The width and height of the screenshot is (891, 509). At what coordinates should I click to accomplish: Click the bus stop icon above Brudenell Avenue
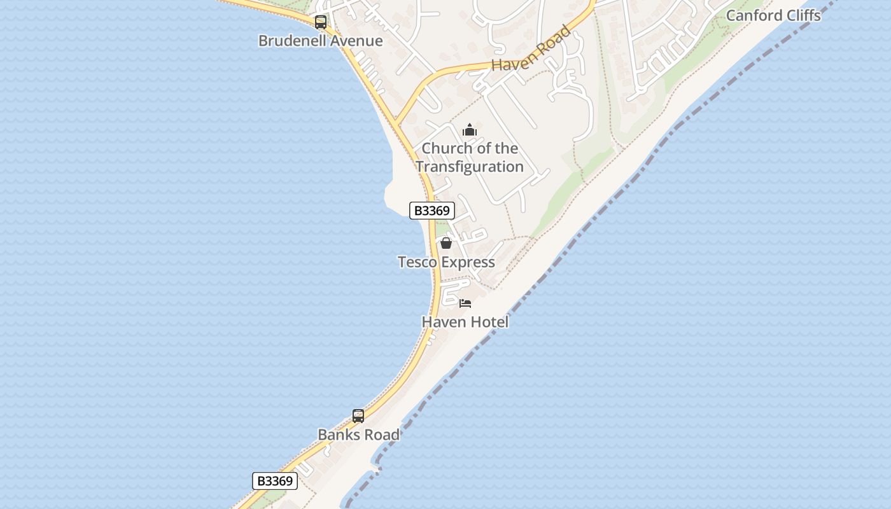pyautogui.click(x=321, y=23)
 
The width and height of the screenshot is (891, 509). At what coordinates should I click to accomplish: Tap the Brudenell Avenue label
pyautogui.click(x=320, y=41)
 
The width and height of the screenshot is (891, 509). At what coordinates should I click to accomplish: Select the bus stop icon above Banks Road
pyautogui.click(x=358, y=416)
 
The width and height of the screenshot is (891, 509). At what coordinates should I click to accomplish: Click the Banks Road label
pyautogui.click(x=358, y=435)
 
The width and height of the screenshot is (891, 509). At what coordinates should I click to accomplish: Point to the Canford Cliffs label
pyautogui.click(x=773, y=15)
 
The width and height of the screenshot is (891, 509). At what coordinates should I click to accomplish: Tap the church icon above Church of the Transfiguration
pyautogui.click(x=470, y=130)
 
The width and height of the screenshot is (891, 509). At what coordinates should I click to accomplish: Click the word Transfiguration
pyautogui.click(x=470, y=167)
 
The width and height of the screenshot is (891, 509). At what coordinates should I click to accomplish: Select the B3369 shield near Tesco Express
pyautogui.click(x=431, y=211)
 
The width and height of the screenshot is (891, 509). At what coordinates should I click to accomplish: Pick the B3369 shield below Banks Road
pyautogui.click(x=275, y=481)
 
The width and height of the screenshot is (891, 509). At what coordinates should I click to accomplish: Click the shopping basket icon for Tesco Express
pyautogui.click(x=446, y=243)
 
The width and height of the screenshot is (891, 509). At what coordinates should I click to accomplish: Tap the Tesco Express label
pyautogui.click(x=446, y=262)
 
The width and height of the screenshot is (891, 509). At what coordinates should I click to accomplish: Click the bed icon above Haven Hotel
pyautogui.click(x=465, y=303)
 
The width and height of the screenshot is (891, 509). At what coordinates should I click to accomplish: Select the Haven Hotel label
pyautogui.click(x=465, y=322)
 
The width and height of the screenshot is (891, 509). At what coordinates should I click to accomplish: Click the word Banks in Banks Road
pyautogui.click(x=338, y=435)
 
